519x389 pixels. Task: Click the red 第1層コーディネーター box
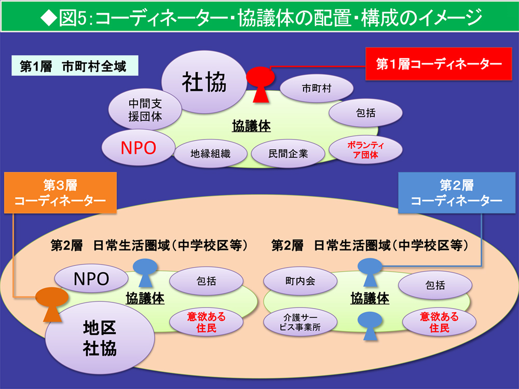coord(439,64)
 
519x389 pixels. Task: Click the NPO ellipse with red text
coord(138,147)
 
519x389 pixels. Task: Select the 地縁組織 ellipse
coord(210,154)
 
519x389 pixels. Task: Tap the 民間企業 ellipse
coord(288,154)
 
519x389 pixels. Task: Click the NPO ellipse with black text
coord(91,279)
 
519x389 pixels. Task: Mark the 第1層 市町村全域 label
coord(73,67)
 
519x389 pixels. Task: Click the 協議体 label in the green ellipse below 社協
coord(252,126)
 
